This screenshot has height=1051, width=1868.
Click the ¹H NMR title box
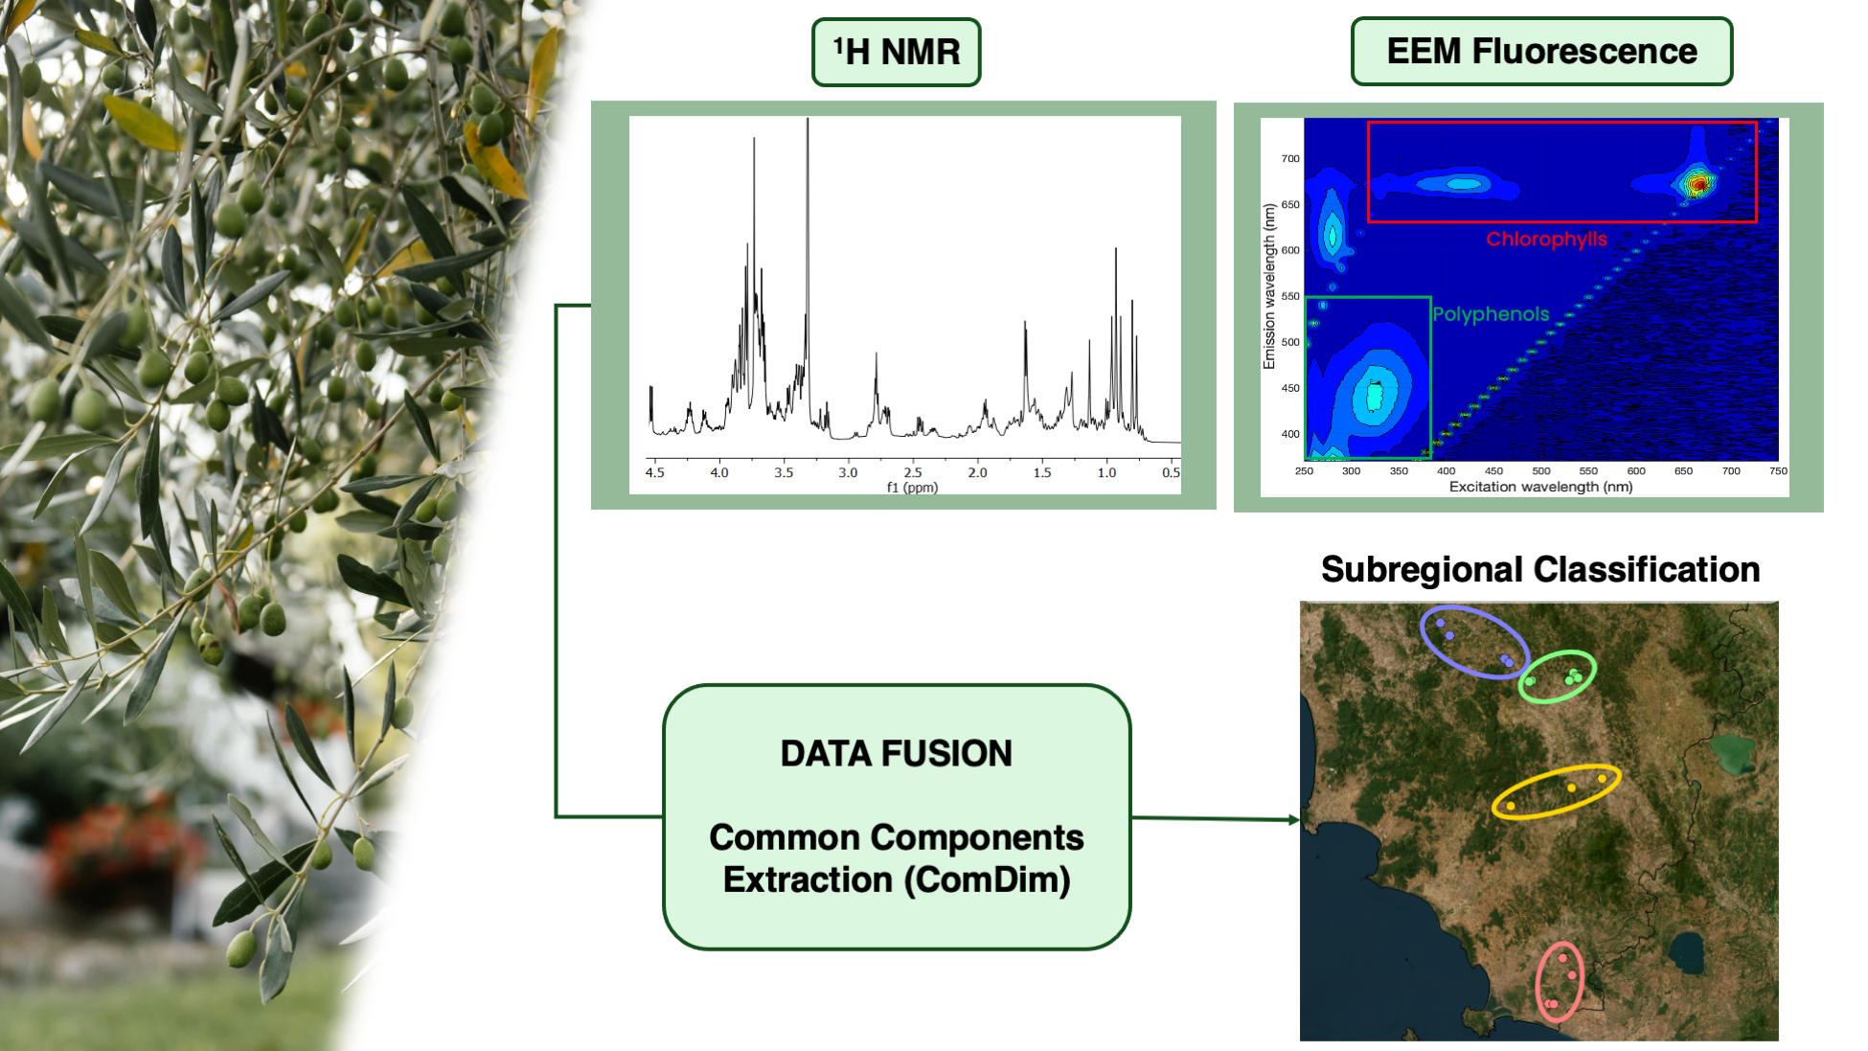tap(896, 52)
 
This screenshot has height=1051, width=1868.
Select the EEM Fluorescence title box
tap(1541, 51)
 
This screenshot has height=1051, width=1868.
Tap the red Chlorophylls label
tap(1546, 239)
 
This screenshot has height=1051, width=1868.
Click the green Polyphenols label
tap(1491, 314)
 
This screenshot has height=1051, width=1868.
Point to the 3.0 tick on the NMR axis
tap(848, 472)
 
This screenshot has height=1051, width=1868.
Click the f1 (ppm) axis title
tap(912, 488)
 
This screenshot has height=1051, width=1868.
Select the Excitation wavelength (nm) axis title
tap(1540, 487)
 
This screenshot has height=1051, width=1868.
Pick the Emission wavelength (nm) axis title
tap(1269, 286)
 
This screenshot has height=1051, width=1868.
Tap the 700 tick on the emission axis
tap(1290, 159)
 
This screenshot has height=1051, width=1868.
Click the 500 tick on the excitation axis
tap(1540, 471)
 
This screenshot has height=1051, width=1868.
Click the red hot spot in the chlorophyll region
tap(1697, 183)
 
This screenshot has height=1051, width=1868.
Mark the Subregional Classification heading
tap(1540, 569)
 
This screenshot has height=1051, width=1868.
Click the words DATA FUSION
tap(896, 753)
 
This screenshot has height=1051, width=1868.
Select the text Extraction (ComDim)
tap(897, 880)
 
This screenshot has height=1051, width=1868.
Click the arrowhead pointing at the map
tap(1294, 820)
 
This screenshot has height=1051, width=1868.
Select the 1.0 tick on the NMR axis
tap(1106, 472)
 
